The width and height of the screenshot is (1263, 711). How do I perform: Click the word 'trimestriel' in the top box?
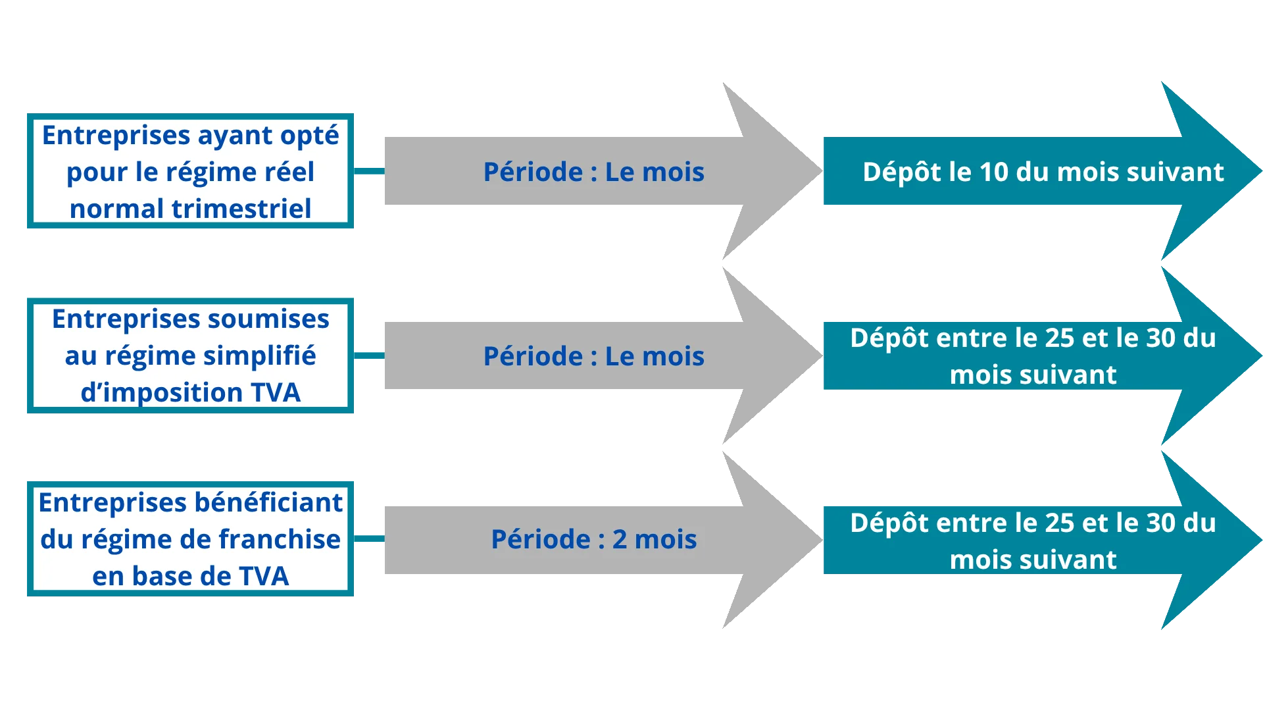point(241,209)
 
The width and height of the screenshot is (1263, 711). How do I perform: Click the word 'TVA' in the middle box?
point(275,393)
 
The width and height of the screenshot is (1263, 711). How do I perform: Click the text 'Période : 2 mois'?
point(593,540)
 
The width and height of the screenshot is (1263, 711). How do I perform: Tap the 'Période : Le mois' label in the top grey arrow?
point(593,172)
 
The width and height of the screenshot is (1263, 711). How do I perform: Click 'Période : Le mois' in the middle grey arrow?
point(593,357)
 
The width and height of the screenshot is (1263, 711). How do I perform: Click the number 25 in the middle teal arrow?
point(1059,338)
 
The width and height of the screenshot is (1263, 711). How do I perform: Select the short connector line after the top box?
point(370,171)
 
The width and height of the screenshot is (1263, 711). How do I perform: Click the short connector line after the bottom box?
point(370,539)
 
